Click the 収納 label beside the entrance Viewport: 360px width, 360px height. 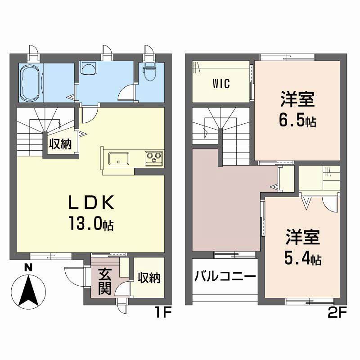pyautogui.click(x=149, y=278)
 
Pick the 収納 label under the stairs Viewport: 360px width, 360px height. pyautogui.click(x=60, y=144)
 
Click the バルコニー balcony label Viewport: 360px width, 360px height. pyautogui.click(x=225, y=276)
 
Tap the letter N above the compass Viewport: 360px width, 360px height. pyautogui.click(x=28, y=267)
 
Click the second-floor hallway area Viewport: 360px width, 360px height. pyautogui.click(x=225, y=202)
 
